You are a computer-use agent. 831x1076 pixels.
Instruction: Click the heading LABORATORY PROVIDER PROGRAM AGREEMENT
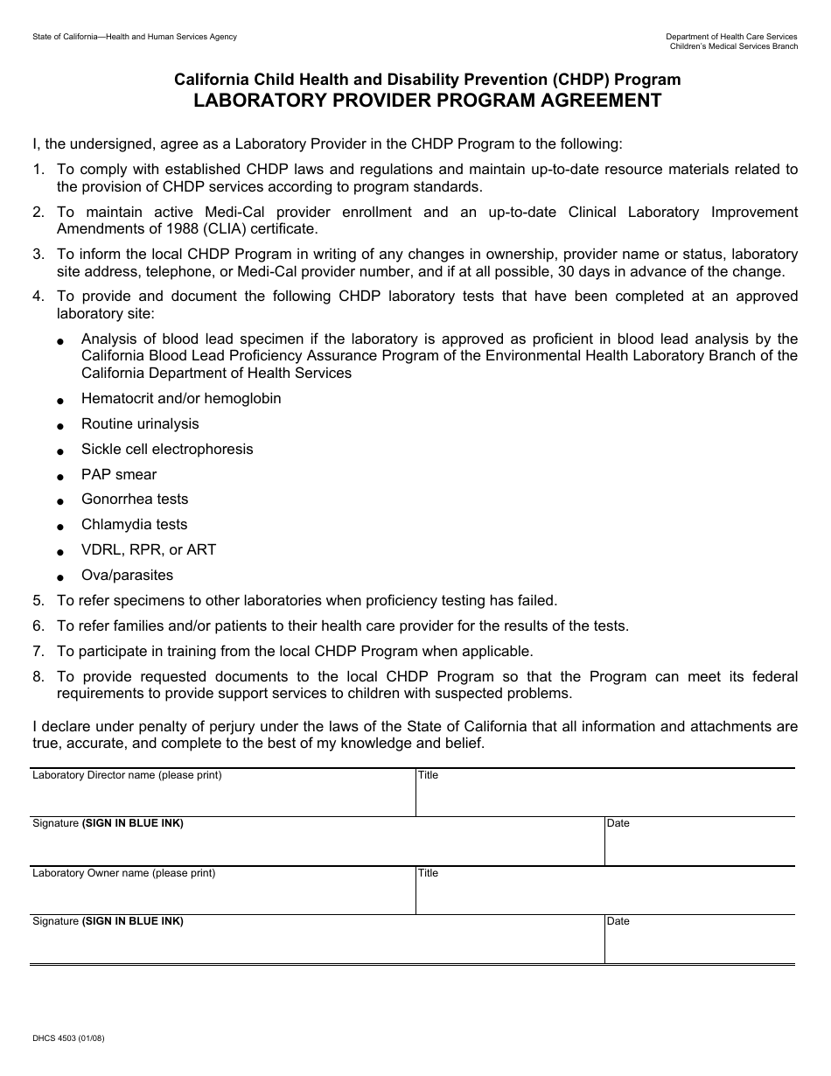tap(427, 101)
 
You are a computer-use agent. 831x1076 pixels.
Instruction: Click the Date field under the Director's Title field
tap(699, 846)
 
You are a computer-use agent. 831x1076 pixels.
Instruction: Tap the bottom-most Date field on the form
tap(699, 944)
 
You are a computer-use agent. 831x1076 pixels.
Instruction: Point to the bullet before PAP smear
tap(60, 477)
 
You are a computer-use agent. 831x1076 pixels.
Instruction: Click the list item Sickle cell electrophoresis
tap(167, 450)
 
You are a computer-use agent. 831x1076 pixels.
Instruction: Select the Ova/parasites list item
tap(127, 576)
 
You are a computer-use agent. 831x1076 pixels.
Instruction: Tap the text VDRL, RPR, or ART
tap(149, 550)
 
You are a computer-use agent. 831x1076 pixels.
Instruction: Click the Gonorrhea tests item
tap(135, 500)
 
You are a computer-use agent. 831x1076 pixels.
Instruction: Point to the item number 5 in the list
tap(38, 601)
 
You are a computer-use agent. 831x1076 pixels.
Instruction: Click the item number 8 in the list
tap(38, 677)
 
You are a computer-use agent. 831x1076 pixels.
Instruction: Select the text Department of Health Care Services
tap(731, 37)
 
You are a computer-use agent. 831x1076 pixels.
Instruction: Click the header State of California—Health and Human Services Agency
tap(135, 37)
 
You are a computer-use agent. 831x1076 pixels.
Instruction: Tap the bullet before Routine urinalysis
tap(60, 426)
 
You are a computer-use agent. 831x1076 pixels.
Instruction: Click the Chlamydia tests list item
tap(134, 525)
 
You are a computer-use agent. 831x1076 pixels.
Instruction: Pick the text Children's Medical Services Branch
tap(733, 46)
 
